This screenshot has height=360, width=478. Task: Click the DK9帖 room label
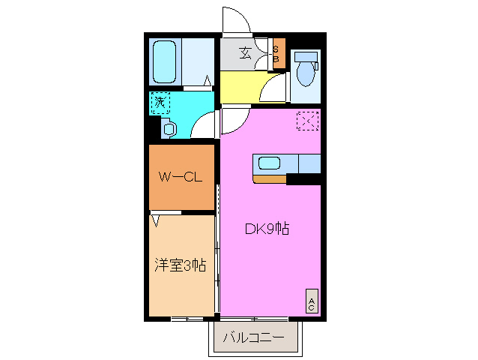pyautogui.click(x=267, y=229)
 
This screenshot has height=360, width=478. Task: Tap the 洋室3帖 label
pyautogui.click(x=181, y=265)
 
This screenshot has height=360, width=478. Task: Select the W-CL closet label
pyautogui.click(x=181, y=178)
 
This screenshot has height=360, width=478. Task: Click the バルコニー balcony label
pyautogui.click(x=254, y=338)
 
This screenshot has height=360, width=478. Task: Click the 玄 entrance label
pyautogui.click(x=245, y=52)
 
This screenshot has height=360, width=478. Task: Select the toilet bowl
pyautogui.click(x=306, y=74)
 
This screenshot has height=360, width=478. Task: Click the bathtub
pyautogui.click(x=165, y=61)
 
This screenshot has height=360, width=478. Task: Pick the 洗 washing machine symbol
pyautogui.click(x=160, y=103)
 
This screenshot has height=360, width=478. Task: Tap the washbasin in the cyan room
pyautogui.click(x=169, y=129)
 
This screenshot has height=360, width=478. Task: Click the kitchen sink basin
pyautogui.click(x=268, y=163)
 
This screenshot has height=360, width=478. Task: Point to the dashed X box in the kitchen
pyautogui.click(x=308, y=121)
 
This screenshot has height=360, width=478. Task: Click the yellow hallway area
pyautogui.click(x=240, y=87)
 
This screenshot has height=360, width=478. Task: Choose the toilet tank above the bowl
pyautogui.click(x=306, y=57)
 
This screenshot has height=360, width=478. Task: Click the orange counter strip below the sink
pyautogui.click(x=270, y=178)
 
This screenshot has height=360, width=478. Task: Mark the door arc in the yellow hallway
pyautogui.click(x=274, y=90)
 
